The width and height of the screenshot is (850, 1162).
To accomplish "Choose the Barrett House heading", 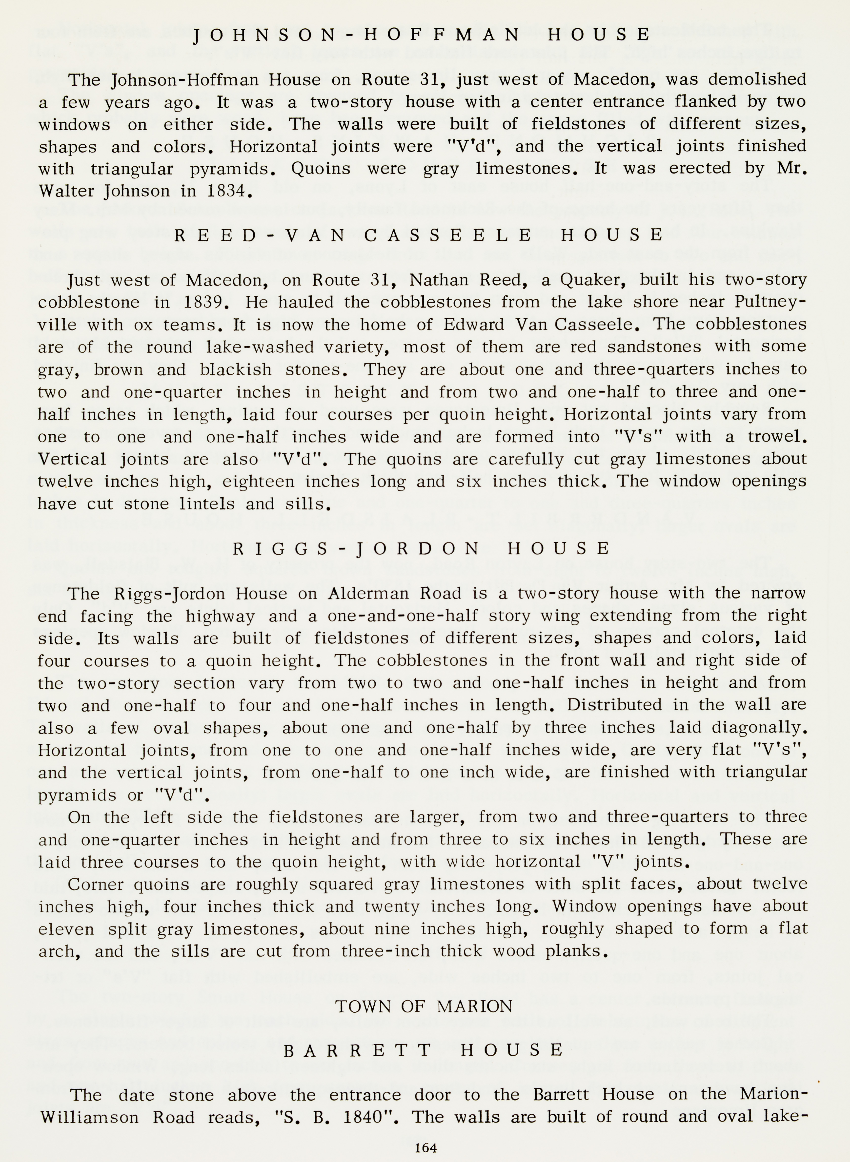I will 424,1049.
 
